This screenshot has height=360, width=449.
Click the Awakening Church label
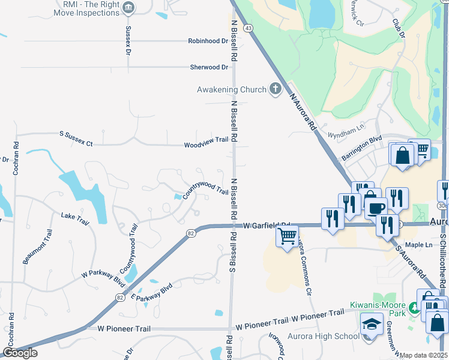232,89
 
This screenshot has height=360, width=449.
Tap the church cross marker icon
275,89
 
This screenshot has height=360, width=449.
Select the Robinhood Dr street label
208,41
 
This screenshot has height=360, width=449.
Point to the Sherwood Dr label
209,67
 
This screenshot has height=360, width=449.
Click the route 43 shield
249,28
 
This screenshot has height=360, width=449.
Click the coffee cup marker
376,208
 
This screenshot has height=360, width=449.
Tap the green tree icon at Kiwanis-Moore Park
414,309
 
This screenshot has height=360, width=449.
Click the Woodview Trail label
206,145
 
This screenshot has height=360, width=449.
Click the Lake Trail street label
75,218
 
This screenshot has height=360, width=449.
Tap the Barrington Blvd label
362,148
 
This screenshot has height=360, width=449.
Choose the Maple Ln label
418,245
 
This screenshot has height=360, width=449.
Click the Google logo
20,353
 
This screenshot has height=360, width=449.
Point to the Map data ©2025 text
423,355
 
